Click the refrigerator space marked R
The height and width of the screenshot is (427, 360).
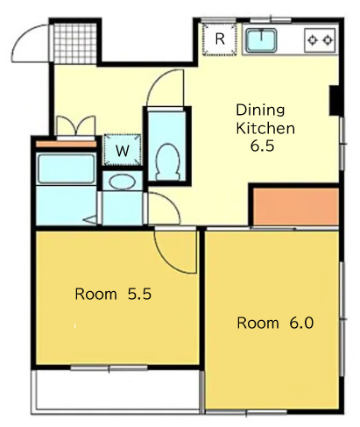[x=220, y=39]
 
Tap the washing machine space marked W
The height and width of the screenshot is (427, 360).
[x=123, y=150]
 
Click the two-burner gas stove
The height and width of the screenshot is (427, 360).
[x=320, y=40]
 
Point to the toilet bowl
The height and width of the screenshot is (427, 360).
[x=167, y=161]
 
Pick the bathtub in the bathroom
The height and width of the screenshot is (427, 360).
[x=67, y=169]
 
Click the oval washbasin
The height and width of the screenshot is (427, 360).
[x=123, y=182]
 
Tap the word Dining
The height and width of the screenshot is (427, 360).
[x=260, y=110]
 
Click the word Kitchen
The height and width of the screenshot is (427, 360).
[x=265, y=128]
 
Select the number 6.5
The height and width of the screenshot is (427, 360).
[x=262, y=146]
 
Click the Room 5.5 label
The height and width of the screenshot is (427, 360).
[x=113, y=294]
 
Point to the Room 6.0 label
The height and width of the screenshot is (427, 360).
[x=275, y=323]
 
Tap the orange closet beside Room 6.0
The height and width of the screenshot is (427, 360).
[x=295, y=206]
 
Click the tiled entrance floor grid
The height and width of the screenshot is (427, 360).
[x=75, y=43]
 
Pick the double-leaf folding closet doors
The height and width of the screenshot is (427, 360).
[x=76, y=125]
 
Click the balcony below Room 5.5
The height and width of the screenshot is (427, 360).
[x=116, y=390]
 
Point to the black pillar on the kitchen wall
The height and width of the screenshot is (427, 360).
[x=334, y=101]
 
